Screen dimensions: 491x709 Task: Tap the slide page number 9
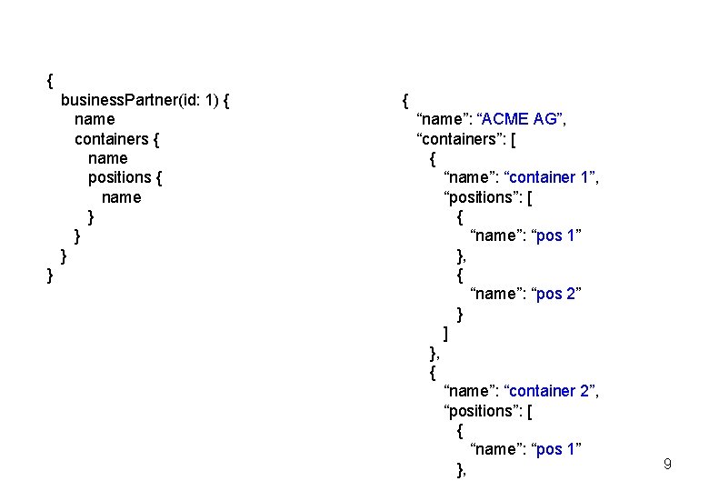point(667,466)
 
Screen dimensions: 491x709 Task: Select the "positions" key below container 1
point(483,197)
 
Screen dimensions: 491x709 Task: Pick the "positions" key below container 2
point(483,411)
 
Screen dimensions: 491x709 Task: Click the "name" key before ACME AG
point(443,119)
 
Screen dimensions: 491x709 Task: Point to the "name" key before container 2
point(470,391)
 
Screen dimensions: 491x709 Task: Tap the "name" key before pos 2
point(497,294)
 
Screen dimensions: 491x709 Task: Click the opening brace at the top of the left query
point(50,80)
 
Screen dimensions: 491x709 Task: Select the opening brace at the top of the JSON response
point(405,99)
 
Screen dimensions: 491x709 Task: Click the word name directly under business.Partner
point(95,119)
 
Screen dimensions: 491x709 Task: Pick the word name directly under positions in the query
point(122,197)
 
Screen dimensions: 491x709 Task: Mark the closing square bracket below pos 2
point(445,333)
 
